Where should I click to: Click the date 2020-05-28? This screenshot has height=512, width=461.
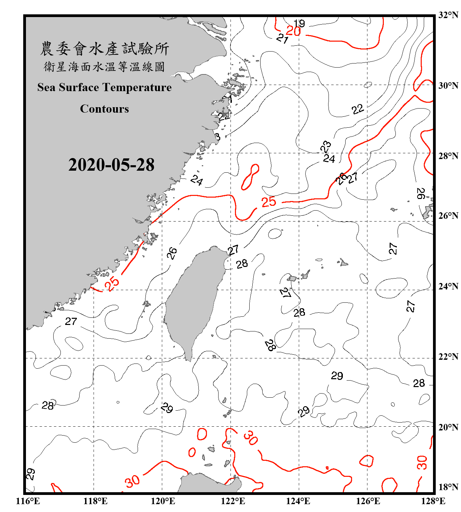point(111,165)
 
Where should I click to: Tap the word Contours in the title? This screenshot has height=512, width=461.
point(104,109)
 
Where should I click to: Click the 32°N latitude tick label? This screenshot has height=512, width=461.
point(448,15)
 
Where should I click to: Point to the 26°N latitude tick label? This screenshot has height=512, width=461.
point(448,216)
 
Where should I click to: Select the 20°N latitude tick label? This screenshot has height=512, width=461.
point(448,427)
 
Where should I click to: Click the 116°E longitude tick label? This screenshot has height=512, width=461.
point(28,501)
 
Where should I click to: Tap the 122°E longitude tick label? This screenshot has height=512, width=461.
point(233,501)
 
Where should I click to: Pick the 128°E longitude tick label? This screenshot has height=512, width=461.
point(433,501)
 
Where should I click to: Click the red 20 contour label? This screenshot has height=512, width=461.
point(293,31)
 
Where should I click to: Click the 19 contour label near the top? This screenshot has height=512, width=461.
point(299,23)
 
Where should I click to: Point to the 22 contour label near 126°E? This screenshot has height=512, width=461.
point(358,110)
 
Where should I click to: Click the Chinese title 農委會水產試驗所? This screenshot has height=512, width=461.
point(104,49)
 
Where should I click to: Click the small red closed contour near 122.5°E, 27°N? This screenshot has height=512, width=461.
point(250,177)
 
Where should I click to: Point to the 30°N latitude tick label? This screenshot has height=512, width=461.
point(448,85)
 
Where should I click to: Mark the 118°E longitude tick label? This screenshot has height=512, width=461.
point(95,501)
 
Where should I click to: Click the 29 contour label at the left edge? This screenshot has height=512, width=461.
point(30,474)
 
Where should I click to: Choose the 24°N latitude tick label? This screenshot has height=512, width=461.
point(448,286)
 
